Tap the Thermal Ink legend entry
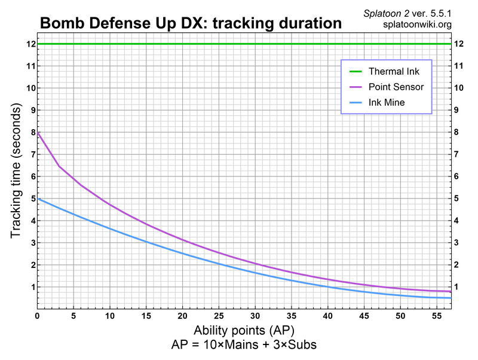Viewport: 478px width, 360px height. tap(406, 72)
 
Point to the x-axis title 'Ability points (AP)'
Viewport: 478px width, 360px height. tap(244, 331)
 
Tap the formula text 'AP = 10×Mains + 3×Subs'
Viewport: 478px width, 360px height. tap(244, 345)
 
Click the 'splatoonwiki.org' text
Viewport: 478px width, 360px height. tap(418, 25)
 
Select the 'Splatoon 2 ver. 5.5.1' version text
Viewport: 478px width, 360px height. tap(407, 13)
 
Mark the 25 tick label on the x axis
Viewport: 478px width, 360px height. tap(219, 315)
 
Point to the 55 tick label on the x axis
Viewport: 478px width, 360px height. tap(437, 315)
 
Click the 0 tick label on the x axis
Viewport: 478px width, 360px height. tap(37, 315)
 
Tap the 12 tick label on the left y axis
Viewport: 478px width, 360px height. tap(29, 44)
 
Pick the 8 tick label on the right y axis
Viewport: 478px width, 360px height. tap(458, 132)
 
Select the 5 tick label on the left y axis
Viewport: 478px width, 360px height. tap(30, 199)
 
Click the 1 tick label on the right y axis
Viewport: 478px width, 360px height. tap(458, 287)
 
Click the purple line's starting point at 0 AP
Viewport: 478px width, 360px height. tap(38, 132)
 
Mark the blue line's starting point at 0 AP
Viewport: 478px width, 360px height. tap(38, 199)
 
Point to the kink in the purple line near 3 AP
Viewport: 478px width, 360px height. tap(59, 166)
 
